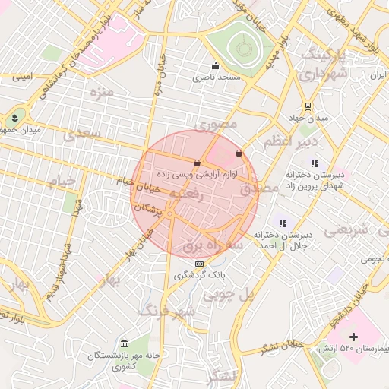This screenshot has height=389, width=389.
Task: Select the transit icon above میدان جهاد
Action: [308, 106]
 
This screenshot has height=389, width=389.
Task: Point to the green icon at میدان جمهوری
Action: [14, 117]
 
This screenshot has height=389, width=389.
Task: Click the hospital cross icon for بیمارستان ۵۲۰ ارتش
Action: [353, 336]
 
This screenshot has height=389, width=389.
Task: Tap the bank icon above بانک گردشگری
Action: [199, 264]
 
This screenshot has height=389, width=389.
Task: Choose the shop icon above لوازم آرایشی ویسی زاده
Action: [198, 163]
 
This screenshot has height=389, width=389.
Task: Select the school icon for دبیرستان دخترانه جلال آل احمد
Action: [283, 223]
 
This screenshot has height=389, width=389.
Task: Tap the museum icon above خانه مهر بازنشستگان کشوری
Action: [124, 344]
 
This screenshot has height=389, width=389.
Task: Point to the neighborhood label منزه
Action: [101, 93]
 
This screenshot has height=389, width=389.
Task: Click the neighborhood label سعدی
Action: [82, 134]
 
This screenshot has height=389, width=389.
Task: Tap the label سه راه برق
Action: [213, 245]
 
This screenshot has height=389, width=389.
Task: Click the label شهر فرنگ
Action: [168, 311]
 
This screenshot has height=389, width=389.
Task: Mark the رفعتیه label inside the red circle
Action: [186, 194]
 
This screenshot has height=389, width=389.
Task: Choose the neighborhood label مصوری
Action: [217, 123]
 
